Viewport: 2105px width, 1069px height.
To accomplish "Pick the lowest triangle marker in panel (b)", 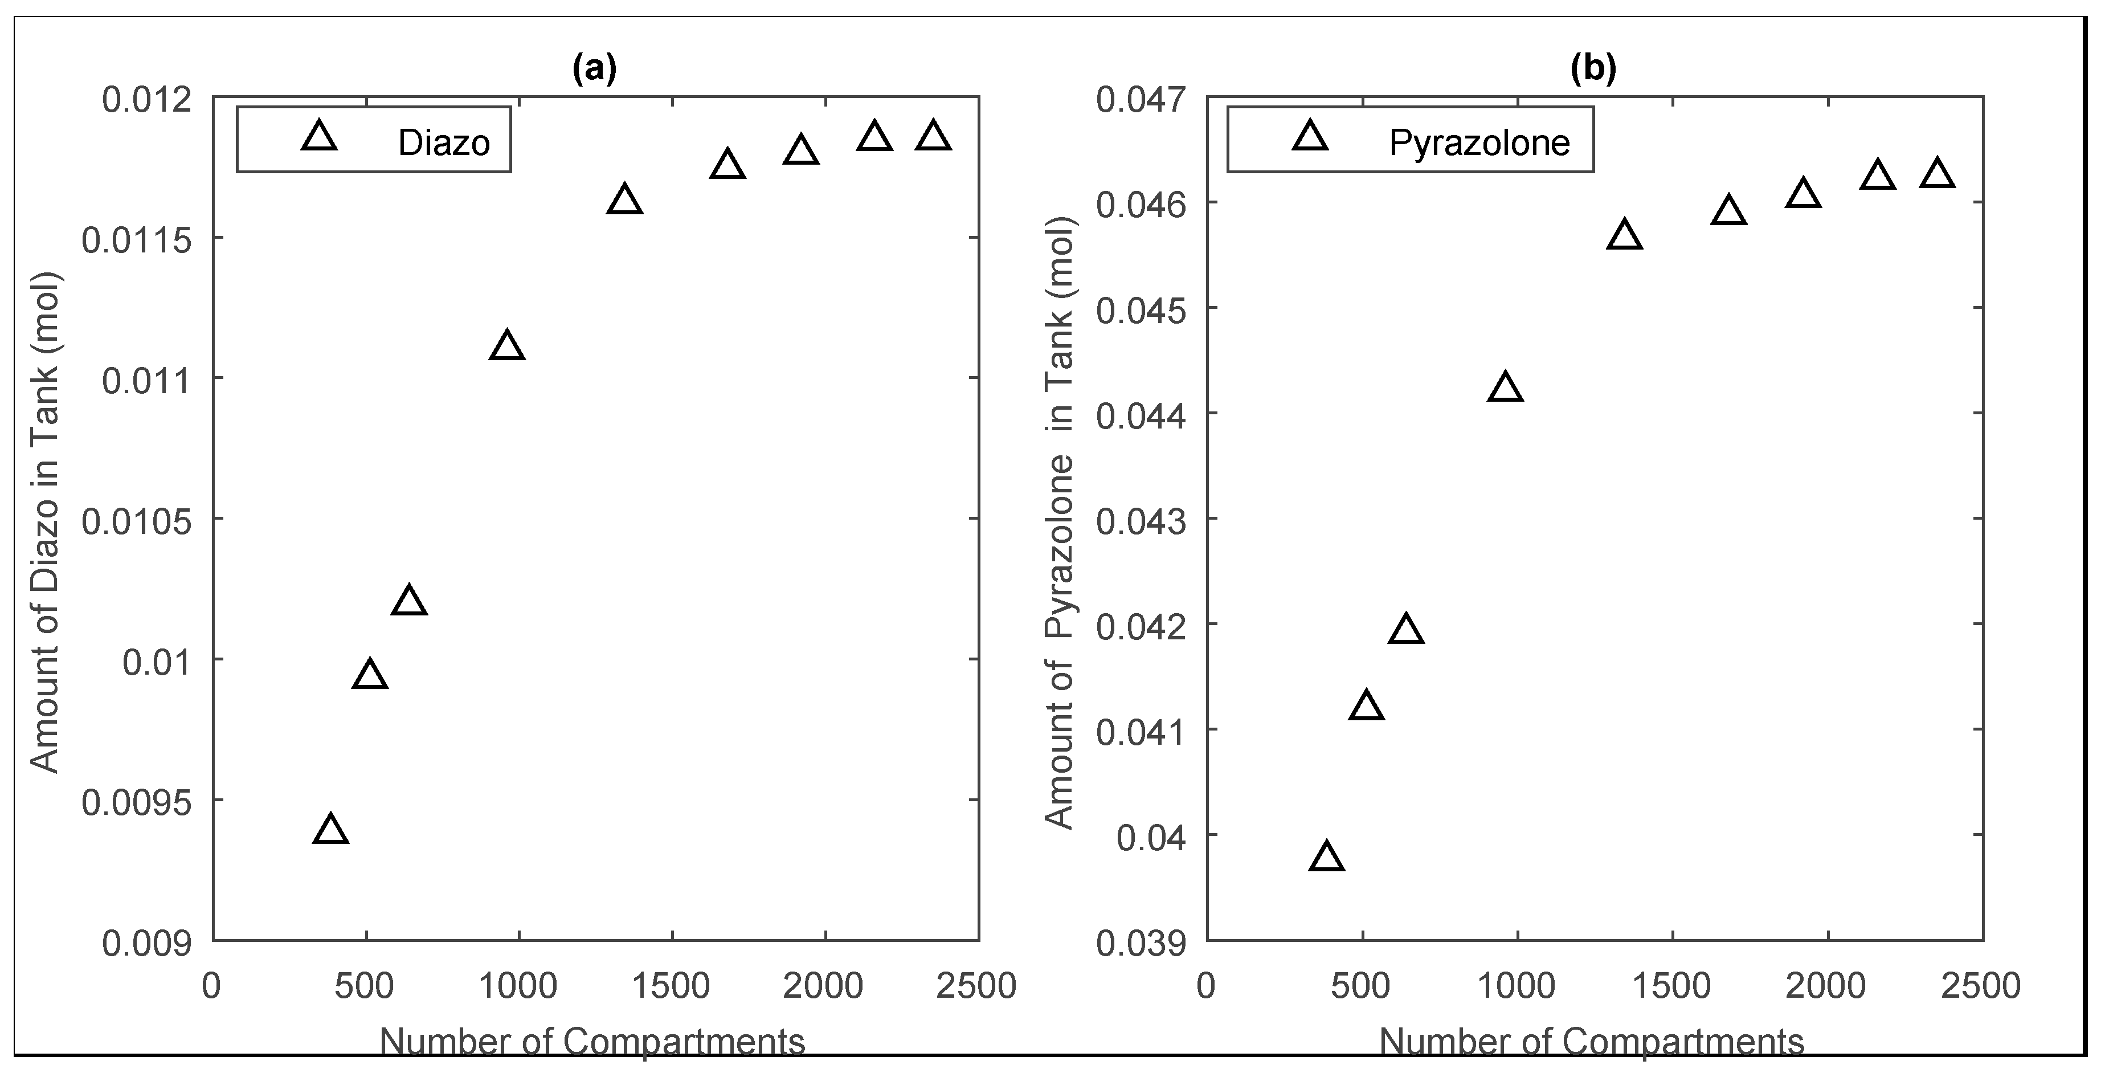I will pos(1326,858).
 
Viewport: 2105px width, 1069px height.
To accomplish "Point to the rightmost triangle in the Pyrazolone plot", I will pos(1937,174).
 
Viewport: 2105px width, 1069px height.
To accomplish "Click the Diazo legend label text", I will pos(444,143).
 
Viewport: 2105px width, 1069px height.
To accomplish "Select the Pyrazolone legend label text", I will pos(1479,143).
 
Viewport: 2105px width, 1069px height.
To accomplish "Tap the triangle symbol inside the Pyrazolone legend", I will pos(1311,137).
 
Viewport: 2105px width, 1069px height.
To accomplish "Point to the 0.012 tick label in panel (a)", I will pos(146,100).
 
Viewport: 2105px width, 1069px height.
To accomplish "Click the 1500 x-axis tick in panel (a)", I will pos(672,986).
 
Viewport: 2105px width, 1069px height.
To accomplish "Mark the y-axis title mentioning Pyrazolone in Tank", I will pos(1060,523).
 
